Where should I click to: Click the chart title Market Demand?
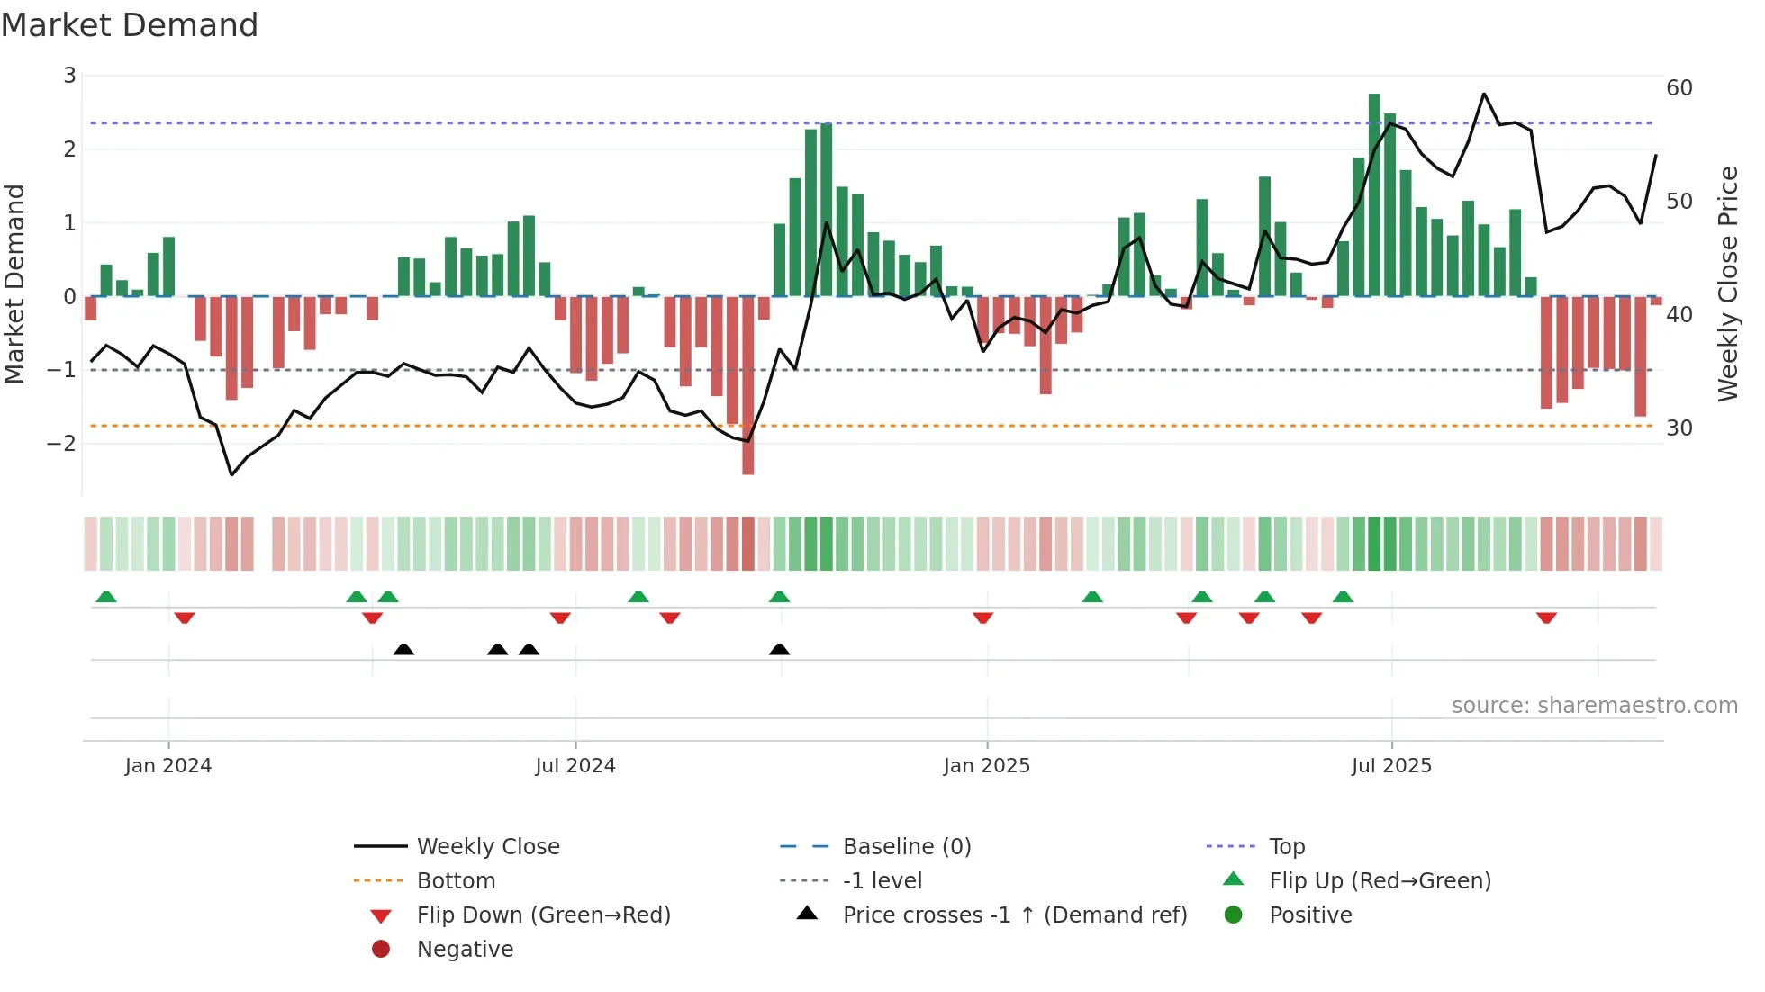tap(130, 25)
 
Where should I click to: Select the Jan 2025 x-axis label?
tap(986, 766)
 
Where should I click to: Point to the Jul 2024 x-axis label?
tap(575, 766)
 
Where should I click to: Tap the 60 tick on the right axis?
tap(1679, 88)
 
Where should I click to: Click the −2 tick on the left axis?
tap(62, 443)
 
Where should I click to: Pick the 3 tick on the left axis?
tap(69, 76)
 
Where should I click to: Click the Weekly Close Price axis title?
tap(1727, 284)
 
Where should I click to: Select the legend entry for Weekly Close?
tap(487, 847)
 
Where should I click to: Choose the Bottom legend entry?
tap(456, 881)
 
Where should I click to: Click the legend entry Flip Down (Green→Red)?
tap(543, 915)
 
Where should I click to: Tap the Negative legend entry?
tap(465, 950)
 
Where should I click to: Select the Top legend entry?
tap(1287, 847)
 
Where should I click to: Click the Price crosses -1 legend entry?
tap(1014, 915)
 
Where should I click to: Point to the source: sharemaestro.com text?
tap(1594, 706)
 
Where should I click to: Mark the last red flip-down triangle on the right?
tap(1546, 618)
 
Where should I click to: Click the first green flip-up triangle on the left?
tap(106, 597)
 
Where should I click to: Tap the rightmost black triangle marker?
tap(780, 649)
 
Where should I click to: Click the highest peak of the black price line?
tap(1484, 94)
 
